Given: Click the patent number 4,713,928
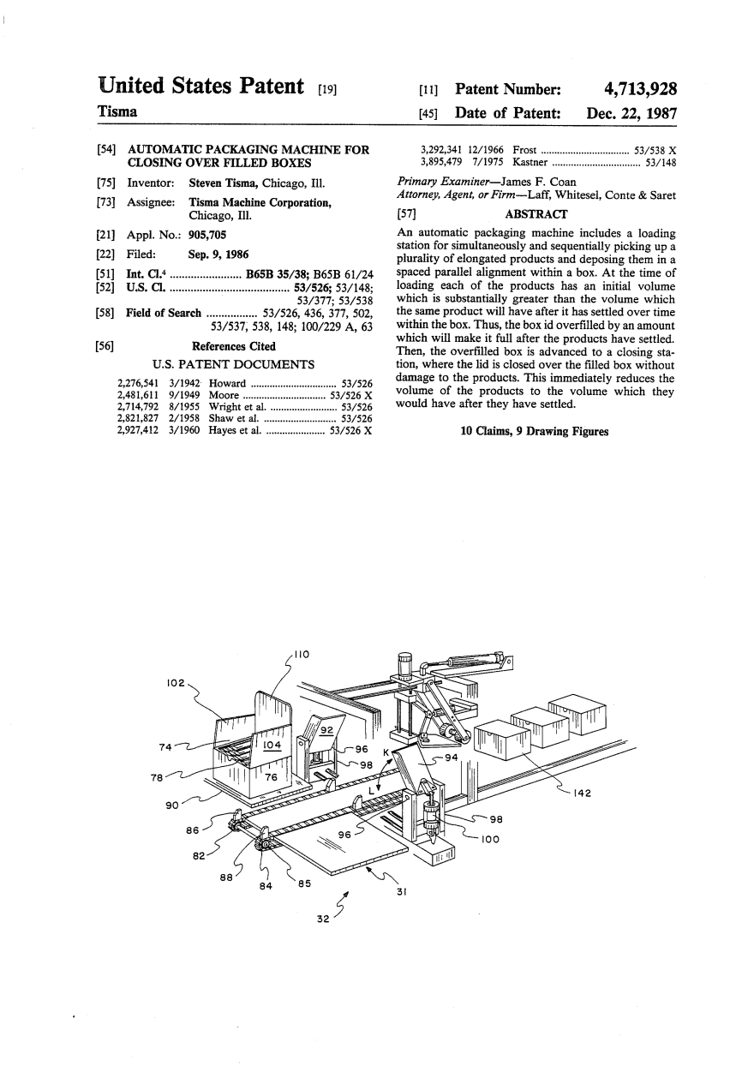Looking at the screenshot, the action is tap(640, 88).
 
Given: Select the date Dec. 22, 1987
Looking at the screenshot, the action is tap(631, 113).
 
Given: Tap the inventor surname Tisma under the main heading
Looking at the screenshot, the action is tap(117, 111).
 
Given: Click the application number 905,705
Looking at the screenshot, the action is tap(207, 235).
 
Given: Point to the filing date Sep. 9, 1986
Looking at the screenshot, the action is tap(218, 254).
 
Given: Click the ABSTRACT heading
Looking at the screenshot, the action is tap(536, 214).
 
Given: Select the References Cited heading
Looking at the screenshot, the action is tap(234, 346).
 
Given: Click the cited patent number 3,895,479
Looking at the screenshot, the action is tap(440, 162).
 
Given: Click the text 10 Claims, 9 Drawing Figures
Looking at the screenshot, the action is tap(535, 431).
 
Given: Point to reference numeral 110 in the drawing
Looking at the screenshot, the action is tap(302, 655).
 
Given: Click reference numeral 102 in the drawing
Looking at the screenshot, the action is tap(176, 683).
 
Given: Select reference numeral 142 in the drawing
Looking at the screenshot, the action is tap(582, 794).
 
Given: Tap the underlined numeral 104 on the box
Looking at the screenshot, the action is tap(272, 745).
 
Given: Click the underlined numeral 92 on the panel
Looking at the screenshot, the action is tap(327, 730).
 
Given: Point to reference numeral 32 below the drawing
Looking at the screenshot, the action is tap(323, 919).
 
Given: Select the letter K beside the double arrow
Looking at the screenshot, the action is tap(386, 752).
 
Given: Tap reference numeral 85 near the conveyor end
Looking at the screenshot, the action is tap(304, 883).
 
